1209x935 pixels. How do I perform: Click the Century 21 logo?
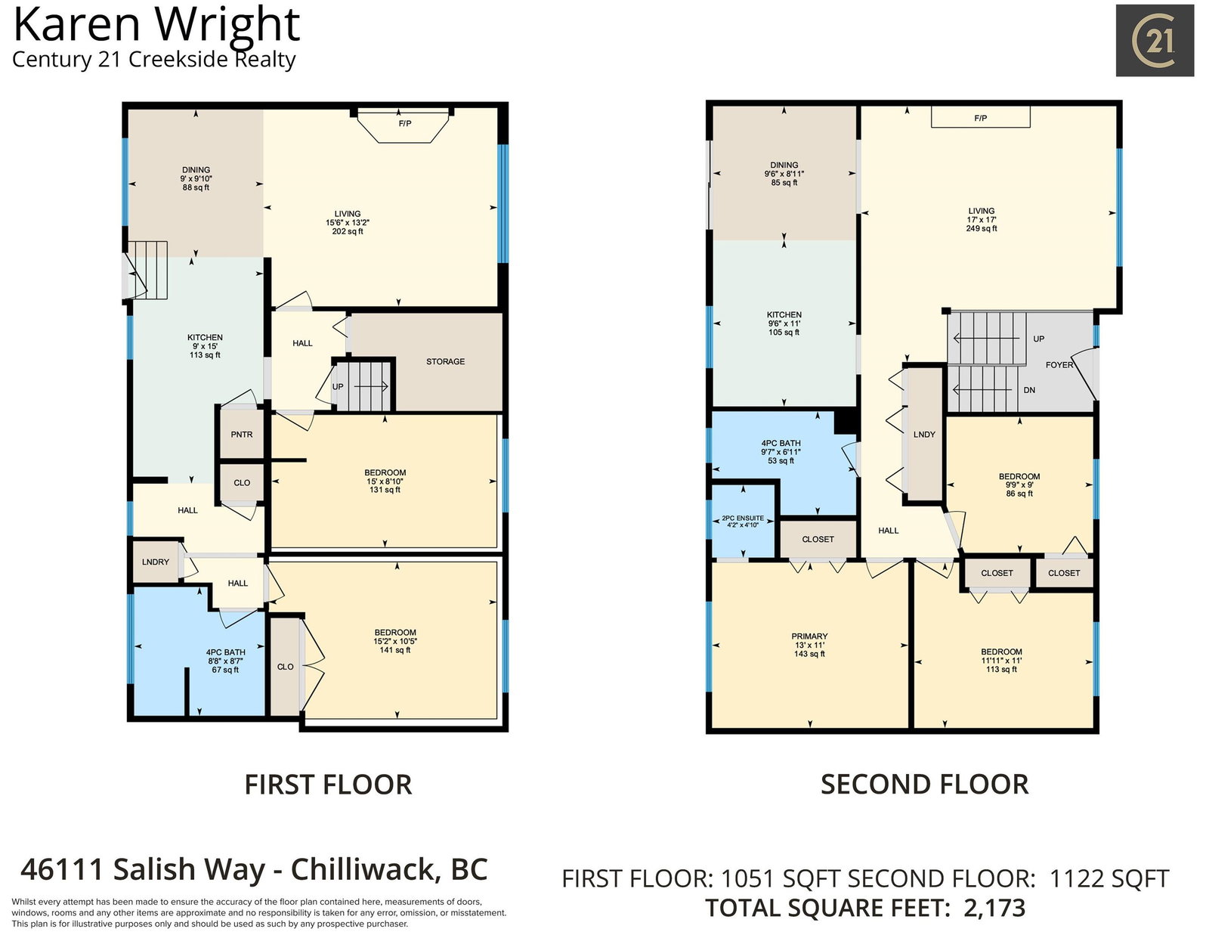(1155, 40)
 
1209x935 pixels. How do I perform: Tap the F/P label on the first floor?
(405, 123)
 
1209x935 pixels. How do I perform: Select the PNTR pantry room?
(242, 434)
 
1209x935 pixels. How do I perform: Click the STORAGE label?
(445, 362)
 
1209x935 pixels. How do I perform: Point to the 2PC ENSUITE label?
(743, 519)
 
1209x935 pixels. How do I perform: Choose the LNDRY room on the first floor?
(156, 562)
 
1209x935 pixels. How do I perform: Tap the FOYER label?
(1059, 365)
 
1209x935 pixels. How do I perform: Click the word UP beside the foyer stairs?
(1039, 339)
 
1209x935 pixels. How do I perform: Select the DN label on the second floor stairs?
(1029, 390)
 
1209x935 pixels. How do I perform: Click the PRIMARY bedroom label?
(809, 636)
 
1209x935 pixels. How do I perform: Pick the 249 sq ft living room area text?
(982, 229)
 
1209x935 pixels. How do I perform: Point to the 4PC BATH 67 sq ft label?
(225, 661)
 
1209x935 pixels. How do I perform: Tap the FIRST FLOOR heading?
(328, 785)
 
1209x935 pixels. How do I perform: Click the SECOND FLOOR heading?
(925, 785)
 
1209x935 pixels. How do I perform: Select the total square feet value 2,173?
(994, 909)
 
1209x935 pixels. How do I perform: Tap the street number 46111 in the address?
(62, 870)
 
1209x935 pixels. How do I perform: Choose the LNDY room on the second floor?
(924, 435)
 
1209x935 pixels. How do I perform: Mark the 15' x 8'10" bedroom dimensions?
(385, 481)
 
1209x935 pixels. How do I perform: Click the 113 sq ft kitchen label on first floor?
(205, 355)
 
